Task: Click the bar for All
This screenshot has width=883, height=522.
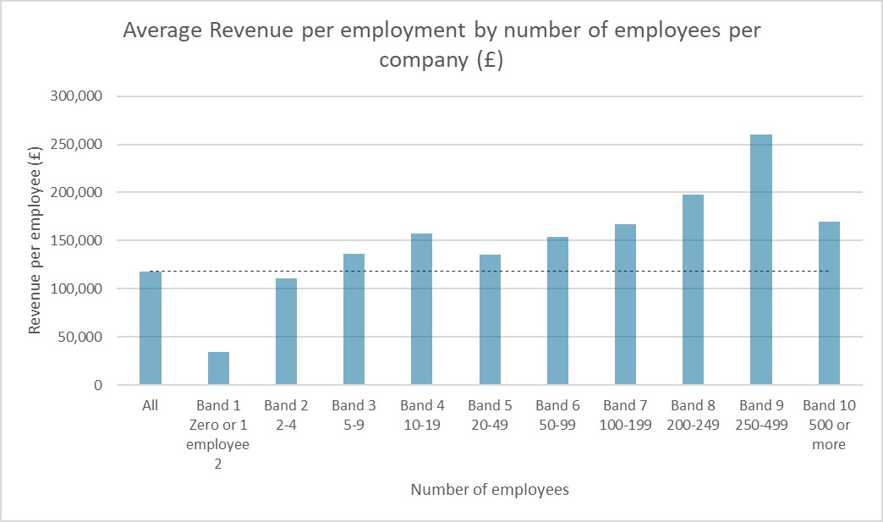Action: click(x=151, y=328)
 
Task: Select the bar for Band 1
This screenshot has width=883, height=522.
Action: click(x=218, y=369)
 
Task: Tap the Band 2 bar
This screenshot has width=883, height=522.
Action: click(x=286, y=332)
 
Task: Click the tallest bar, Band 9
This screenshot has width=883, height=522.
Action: click(x=760, y=260)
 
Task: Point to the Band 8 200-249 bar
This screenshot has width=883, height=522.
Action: click(x=693, y=290)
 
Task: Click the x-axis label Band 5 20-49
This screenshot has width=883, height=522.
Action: click(x=489, y=415)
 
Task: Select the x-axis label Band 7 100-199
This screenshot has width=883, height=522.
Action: click(x=625, y=415)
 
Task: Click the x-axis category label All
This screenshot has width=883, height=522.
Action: click(x=151, y=406)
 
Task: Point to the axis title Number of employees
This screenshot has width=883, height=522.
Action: click(x=489, y=490)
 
